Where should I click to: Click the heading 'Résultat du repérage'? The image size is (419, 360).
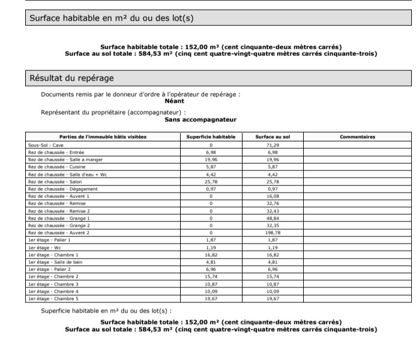[71, 78]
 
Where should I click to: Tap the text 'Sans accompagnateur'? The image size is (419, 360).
[200, 119]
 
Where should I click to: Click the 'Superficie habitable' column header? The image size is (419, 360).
[211, 137]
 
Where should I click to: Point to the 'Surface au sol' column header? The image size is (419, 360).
[273, 137]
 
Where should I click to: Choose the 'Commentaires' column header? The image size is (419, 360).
[357, 137]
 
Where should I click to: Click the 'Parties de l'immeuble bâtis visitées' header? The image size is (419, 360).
[103, 137]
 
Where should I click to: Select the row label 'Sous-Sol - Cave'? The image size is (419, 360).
[46, 145]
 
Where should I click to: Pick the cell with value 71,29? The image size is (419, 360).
[273, 145]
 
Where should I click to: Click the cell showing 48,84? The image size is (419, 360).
[273, 218]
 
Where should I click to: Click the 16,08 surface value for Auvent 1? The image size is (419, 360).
[273, 196]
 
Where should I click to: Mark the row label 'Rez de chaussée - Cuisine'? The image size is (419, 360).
[56, 167]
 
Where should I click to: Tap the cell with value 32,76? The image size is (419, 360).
[273, 203]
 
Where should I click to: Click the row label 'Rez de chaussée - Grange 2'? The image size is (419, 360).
[59, 225]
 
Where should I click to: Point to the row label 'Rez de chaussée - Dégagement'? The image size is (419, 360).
[62, 188]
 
